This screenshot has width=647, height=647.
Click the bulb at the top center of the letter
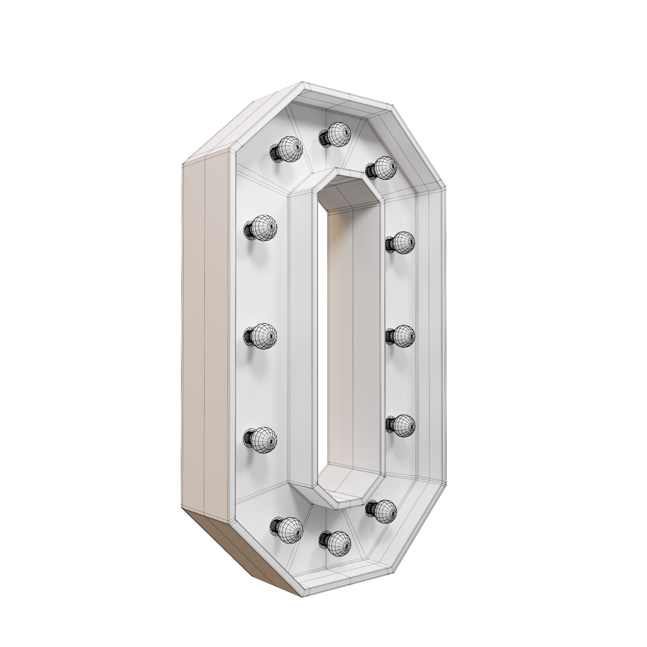click(338, 134)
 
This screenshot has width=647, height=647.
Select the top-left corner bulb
click(287, 149)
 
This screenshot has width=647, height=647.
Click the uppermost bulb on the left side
click(262, 228)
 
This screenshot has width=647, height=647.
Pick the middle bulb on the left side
click(262, 335)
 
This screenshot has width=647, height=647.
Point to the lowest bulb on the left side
click(262, 439)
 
